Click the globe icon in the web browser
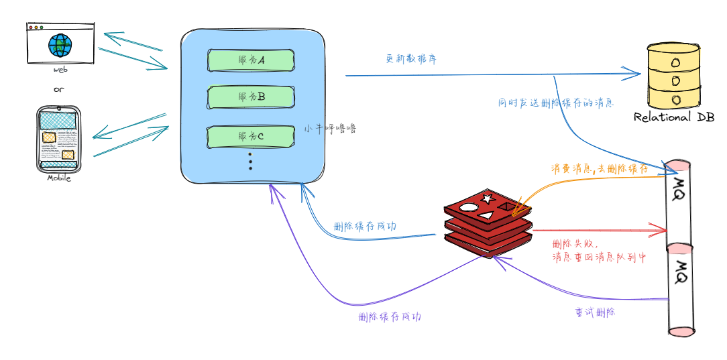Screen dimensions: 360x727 click(x=60, y=46)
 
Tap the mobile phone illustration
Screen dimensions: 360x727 click(x=58, y=139)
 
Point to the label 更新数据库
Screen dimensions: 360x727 click(x=412, y=59)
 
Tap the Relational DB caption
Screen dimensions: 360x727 click(x=674, y=117)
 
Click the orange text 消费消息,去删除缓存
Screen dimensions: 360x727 click(x=600, y=169)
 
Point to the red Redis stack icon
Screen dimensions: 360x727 click(x=488, y=221)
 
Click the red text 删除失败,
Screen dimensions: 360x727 click(x=574, y=243)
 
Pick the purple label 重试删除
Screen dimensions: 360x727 click(x=595, y=312)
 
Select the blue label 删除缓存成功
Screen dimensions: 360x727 click(x=364, y=227)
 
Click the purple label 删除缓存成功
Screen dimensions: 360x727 click(x=390, y=316)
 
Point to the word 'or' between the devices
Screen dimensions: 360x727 click(x=58, y=90)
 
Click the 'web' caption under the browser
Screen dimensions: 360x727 click(x=61, y=70)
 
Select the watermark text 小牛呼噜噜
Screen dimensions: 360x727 click(x=329, y=128)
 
